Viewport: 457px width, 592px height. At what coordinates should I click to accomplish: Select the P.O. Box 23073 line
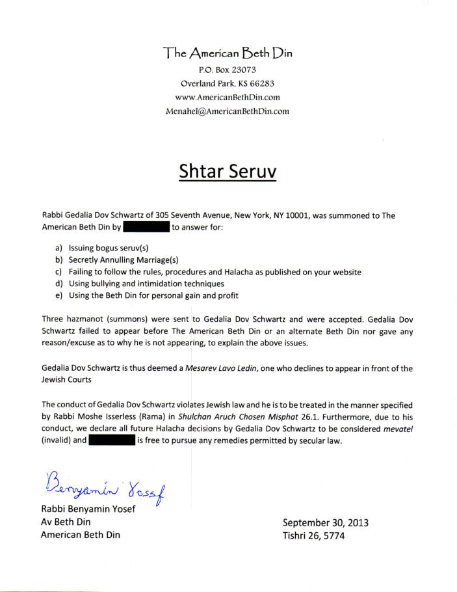click(228, 70)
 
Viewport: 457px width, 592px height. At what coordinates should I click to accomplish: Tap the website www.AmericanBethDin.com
click(228, 97)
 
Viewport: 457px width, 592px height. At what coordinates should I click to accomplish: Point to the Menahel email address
click(228, 111)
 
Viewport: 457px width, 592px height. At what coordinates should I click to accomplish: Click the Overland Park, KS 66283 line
click(228, 83)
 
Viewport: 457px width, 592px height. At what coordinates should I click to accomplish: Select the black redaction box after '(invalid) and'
click(111, 440)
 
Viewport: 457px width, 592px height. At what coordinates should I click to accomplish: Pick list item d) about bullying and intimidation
click(140, 284)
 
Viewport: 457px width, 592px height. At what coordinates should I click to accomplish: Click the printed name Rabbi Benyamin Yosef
click(88, 509)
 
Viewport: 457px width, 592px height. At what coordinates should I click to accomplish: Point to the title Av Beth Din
click(65, 522)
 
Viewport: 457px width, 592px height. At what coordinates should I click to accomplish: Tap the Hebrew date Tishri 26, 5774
click(313, 536)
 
